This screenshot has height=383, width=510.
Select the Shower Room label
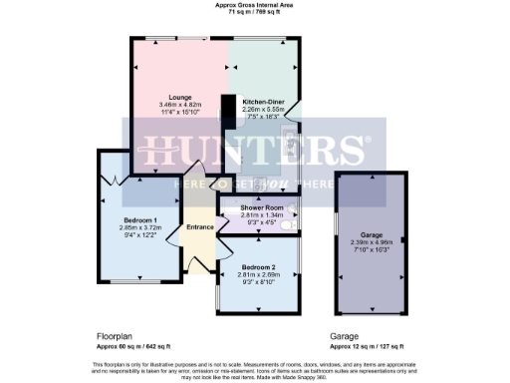point(261,206)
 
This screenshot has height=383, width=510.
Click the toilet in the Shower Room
point(287,226)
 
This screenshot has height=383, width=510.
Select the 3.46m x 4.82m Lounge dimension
point(179,106)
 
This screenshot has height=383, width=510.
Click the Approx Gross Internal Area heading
point(254,5)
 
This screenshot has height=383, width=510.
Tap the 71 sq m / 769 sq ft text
point(254,12)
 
